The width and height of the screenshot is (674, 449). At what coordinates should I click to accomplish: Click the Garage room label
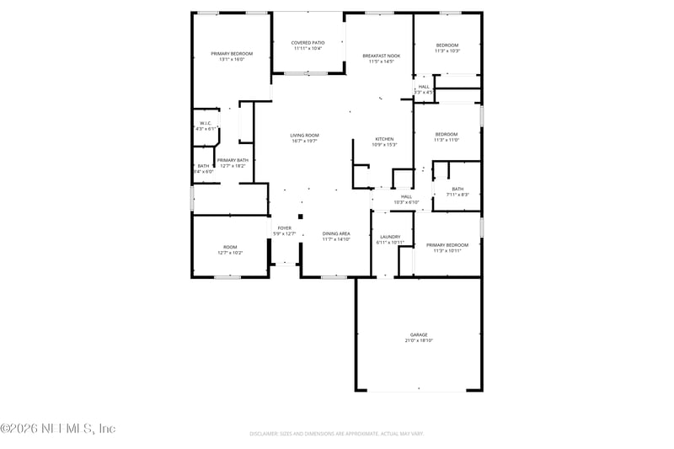(419, 334)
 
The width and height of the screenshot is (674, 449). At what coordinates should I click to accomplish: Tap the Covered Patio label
(308, 42)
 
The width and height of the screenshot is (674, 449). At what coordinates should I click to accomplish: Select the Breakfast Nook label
(381, 56)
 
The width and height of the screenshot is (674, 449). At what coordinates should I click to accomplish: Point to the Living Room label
(304, 135)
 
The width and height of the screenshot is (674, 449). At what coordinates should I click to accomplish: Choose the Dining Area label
(335, 233)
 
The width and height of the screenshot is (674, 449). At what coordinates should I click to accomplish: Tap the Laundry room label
(390, 237)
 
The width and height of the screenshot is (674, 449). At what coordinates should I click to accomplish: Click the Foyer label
(285, 227)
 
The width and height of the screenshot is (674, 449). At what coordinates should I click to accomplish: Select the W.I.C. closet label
(205, 123)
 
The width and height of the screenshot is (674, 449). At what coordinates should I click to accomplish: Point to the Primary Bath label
(233, 160)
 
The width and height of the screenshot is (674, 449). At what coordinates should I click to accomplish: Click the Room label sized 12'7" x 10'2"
(230, 247)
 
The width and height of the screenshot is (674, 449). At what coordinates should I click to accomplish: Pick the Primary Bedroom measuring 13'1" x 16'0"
(232, 53)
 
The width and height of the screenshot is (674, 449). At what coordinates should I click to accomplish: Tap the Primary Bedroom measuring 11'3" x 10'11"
(446, 245)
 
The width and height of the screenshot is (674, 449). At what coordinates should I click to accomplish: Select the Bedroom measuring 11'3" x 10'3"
(447, 45)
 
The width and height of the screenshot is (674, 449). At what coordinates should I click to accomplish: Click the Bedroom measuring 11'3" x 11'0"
(447, 134)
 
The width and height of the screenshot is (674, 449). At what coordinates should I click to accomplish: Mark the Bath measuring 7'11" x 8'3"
(457, 189)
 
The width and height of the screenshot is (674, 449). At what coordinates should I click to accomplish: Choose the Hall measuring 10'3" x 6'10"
(406, 196)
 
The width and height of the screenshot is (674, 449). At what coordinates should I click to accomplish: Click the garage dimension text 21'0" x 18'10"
(419, 340)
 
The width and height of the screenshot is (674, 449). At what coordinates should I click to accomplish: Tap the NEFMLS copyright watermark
(57, 428)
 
